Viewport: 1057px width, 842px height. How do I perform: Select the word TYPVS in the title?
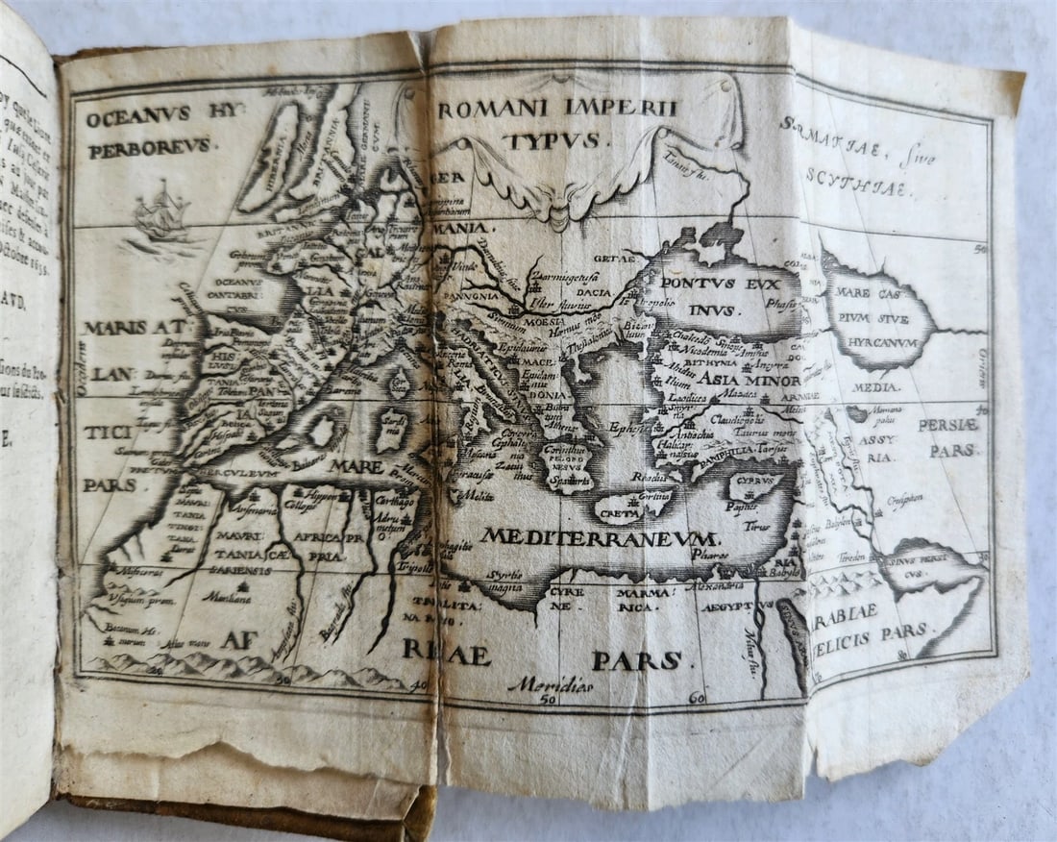555,140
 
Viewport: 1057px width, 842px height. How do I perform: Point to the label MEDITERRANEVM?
600,535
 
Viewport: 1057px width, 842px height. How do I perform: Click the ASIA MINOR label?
737,379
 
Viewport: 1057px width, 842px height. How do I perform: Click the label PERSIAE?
947,424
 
